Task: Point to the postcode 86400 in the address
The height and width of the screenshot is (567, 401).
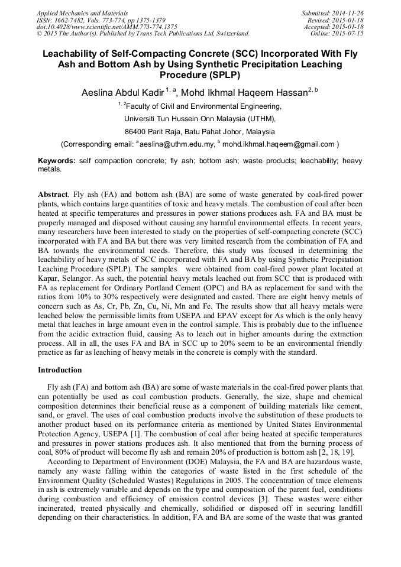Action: click(139, 131)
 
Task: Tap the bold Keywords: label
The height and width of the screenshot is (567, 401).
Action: click(57, 161)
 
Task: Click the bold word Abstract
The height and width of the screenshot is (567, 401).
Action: click(53, 195)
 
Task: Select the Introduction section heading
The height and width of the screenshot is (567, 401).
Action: click(60, 370)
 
